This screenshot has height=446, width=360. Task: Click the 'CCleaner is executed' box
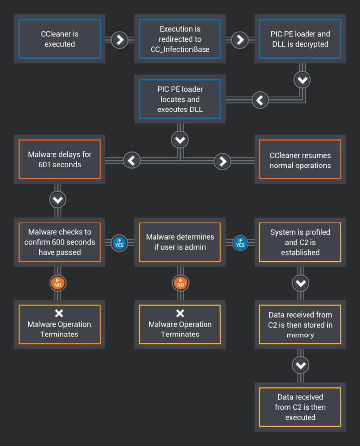pyautogui.click(x=59, y=39)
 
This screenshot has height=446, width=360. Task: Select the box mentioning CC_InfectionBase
pyautogui.click(x=180, y=39)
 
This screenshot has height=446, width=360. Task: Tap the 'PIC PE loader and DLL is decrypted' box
pyautogui.click(x=300, y=39)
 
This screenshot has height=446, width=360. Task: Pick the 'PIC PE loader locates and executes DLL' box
pyautogui.click(x=180, y=99)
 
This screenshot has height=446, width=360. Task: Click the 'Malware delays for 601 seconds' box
pyautogui.click(x=59, y=160)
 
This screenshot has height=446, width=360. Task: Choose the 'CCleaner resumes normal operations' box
pyautogui.click(x=300, y=160)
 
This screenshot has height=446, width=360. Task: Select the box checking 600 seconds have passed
pyautogui.click(x=59, y=242)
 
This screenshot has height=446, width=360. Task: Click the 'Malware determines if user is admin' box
pyautogui.click(x=180, y=242)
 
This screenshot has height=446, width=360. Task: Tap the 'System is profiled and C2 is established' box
pyautogui.click(x=300, y=242)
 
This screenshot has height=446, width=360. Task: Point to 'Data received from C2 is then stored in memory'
pyautogui.click(x=300, y=325)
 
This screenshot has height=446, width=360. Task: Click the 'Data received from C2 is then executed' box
pyautogui.click(x=300, y=407)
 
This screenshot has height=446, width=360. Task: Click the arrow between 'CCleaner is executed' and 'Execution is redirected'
pyautogui.click(x=119, y=40)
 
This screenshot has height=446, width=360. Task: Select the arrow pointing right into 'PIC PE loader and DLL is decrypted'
pyautogui.click(x=240, y=40)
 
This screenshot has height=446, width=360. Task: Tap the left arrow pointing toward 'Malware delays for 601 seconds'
pyautogui.click(x=131, y=160)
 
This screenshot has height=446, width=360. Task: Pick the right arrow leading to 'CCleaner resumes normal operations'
pyautogui.click(x=222, y=161)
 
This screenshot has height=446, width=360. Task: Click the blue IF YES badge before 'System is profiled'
pyautogui.click(x=240, y=243)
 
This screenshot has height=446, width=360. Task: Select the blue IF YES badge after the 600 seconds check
pyautogui.click(x=119, y=243)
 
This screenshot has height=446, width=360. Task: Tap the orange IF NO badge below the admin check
pyautogui.click(x=180, y=283)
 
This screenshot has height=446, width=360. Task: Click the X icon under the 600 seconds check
pyautogui.click(x=59, y=313)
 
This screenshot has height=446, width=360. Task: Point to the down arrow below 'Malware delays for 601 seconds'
pyautogui.click(x=58, y=200)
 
